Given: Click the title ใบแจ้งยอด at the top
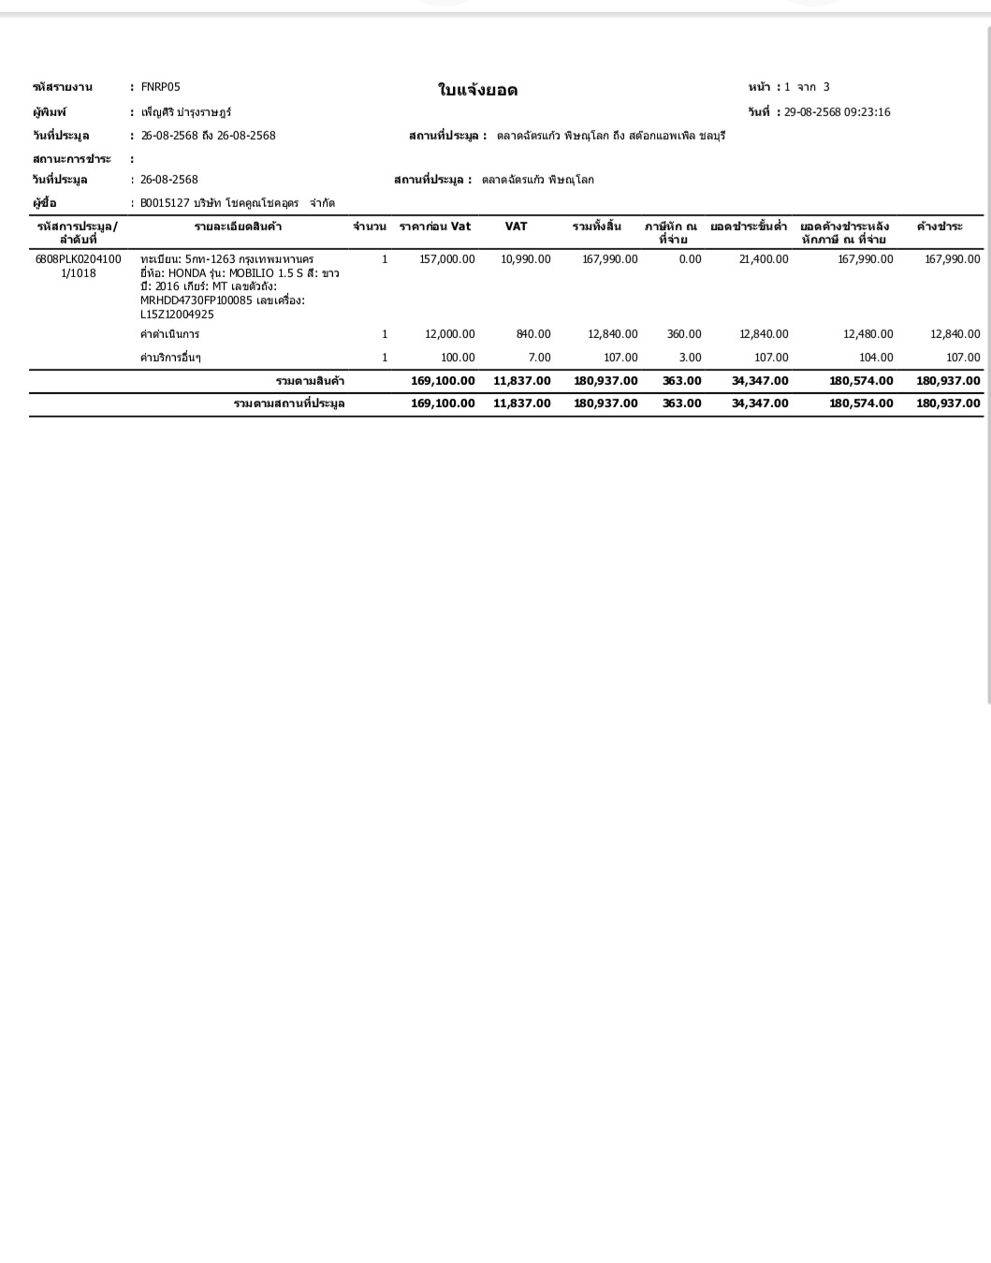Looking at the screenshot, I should (477, 90).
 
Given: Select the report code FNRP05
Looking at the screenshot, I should (160, 87).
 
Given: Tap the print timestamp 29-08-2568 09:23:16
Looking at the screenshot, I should (837, 112).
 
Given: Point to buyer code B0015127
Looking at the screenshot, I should (165, 203).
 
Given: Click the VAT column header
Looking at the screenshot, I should (516, 227).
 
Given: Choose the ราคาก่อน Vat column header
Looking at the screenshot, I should (435, 227).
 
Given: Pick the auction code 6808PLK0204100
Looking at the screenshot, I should (78, 259).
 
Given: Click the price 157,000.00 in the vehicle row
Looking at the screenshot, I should (447, 259).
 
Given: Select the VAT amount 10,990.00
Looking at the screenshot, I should (526, 259).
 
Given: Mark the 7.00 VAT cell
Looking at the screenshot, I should (539, 358).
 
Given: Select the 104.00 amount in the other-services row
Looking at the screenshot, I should (876, 358).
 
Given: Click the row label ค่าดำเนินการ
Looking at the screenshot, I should (169, 334).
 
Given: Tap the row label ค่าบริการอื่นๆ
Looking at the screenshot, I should (170, 358).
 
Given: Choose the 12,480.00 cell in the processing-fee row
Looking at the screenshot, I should (867, 334).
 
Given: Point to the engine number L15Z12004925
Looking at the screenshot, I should (177, 315).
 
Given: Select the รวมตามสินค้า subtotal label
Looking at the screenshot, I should (310, 381).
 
